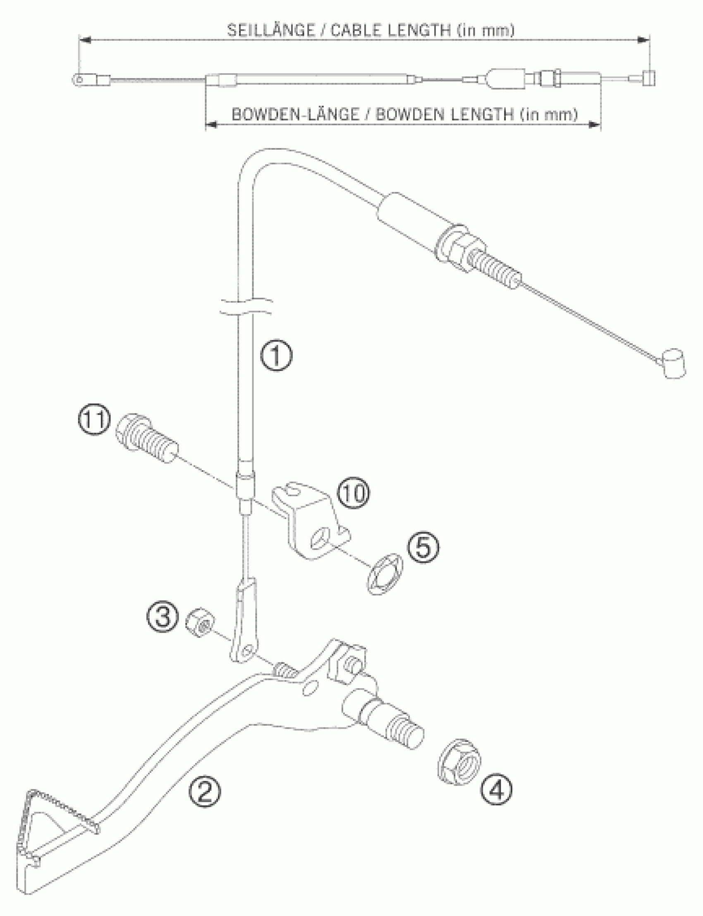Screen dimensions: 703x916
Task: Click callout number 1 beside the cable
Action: [276, 355]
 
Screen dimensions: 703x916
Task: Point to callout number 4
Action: [496, 789]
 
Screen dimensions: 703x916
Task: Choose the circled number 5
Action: [423, 548]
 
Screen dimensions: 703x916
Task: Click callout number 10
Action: [354, 494]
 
